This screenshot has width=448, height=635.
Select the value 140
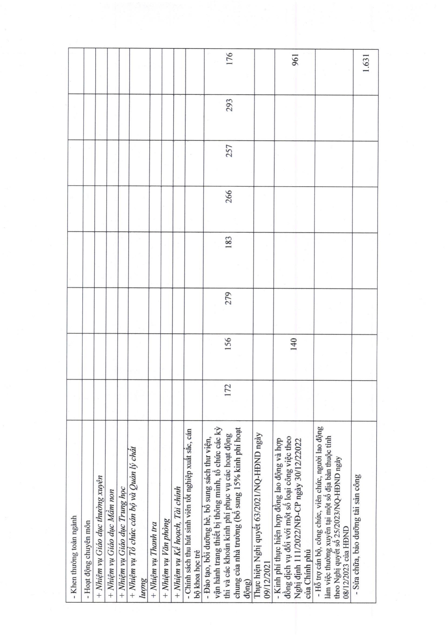coord(294,344)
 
